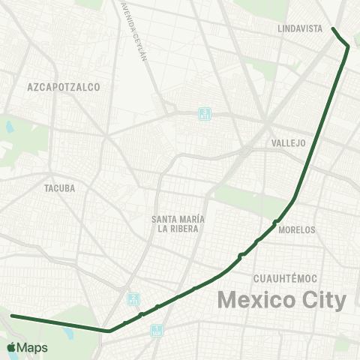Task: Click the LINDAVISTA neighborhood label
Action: [299, 28]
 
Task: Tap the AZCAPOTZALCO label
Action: [63, 87]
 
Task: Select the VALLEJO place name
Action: [289, 142]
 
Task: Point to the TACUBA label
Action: [60, 188]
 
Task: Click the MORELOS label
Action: [296, 230]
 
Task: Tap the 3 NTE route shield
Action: [205, 114]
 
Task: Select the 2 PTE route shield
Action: [133, 298]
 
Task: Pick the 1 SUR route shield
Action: [157, 328]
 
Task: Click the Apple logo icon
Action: [11, 347]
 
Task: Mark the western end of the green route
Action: [12, 316]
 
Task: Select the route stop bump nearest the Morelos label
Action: [276, 221]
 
